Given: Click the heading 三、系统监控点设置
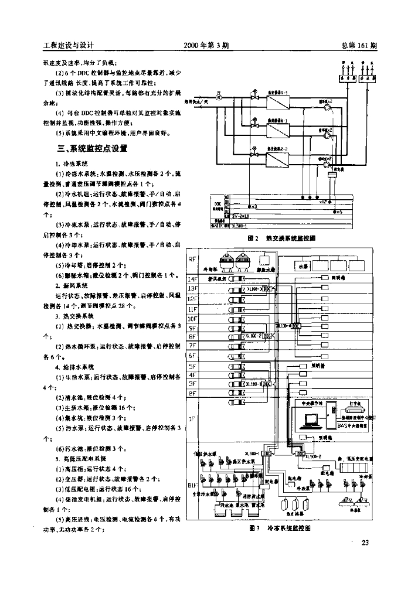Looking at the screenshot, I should coord(92,149).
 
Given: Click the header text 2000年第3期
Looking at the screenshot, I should coord(206,45).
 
